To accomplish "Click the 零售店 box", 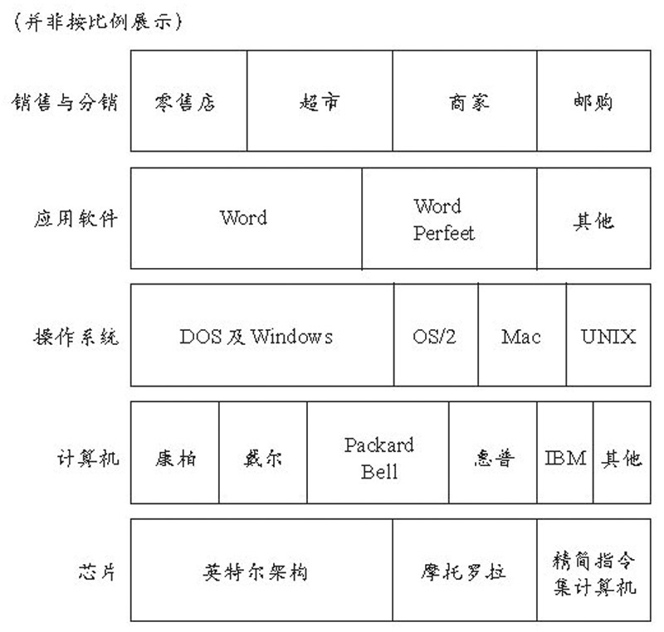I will [x=188, y=101].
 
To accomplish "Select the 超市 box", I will [x=320, y=101].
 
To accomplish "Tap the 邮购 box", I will [x=593, y=101].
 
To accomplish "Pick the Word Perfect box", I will [x=449, y=219].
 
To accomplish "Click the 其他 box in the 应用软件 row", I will [x=593, y=219].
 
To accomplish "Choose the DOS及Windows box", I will [x=262, y=336].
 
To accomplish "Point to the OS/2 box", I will [x=436, y=336].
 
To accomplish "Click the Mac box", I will [x=522, y=336].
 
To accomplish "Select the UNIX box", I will [x=608, y=336].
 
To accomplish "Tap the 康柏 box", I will [x=175, y=454].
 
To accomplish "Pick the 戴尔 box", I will [x=263, y=454].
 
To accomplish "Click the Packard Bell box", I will [x=378, y=454].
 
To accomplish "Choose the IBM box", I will [x=565, y=454].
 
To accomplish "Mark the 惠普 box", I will [x=493, y=454].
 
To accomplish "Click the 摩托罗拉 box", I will [x=464, y=571].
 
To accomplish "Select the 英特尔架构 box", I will [x=261, y=571].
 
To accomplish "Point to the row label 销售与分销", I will [x=64, y=102].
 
